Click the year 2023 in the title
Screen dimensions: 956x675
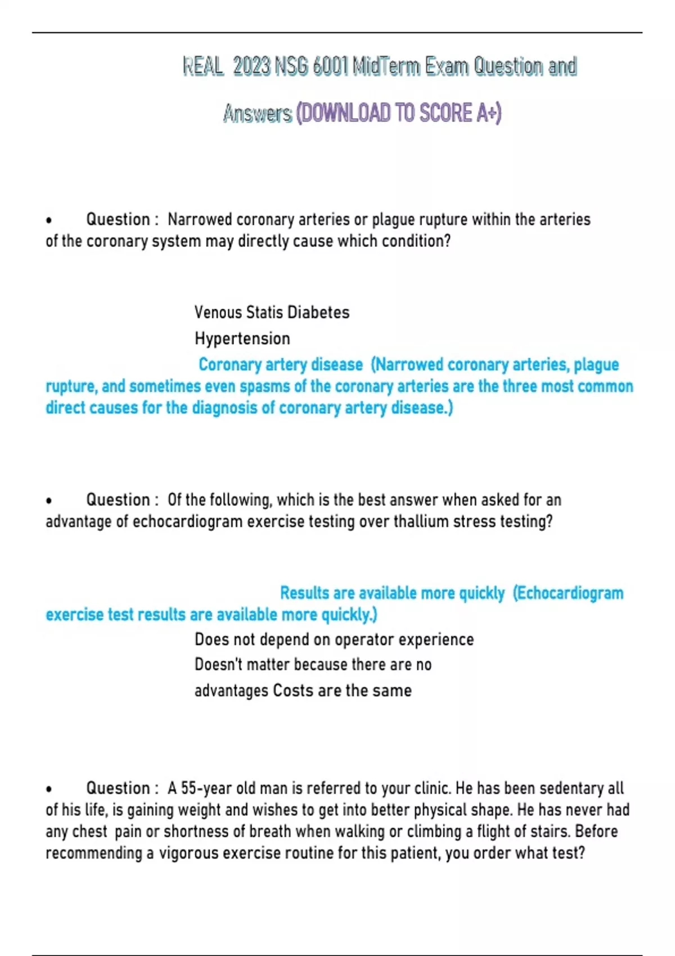pos(252,67)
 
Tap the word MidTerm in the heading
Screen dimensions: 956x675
pos(386,67)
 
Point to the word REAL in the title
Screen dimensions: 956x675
pos(202,67)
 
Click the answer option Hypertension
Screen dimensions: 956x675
pos(242,339)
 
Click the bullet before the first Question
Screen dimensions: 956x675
pos(49,220)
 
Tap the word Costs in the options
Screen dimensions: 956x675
pos(292,691)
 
